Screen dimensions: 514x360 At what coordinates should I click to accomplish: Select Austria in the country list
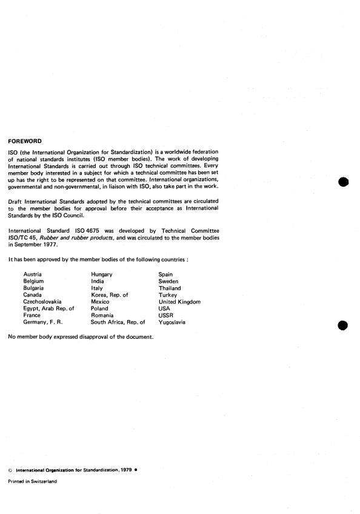click(x=32, y=275)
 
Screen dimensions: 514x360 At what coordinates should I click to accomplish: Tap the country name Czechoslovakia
click(x=43, y=301)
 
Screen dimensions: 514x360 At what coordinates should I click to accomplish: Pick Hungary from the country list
click(x=101, y=275)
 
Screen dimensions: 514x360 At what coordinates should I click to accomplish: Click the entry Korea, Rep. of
click(x=110, y=295)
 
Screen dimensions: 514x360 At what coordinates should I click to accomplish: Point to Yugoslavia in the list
click(x=172, y=322)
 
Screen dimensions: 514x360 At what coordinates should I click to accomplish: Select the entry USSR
click(x=165, y=315)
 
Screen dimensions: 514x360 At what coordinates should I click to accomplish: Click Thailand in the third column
click(x=170, y=288)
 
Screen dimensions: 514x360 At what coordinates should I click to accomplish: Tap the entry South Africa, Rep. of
click(x=118, y=322)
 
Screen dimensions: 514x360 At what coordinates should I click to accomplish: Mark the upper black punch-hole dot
click(x=343, y=182)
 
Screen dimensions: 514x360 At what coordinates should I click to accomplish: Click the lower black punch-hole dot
click(x=343, y=326)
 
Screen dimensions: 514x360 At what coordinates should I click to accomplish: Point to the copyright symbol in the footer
click(x=10, y=469)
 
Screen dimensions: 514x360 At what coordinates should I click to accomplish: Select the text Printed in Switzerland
click(x=32, y=481)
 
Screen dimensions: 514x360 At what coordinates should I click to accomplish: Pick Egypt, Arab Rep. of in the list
click(x=48, y=308)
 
